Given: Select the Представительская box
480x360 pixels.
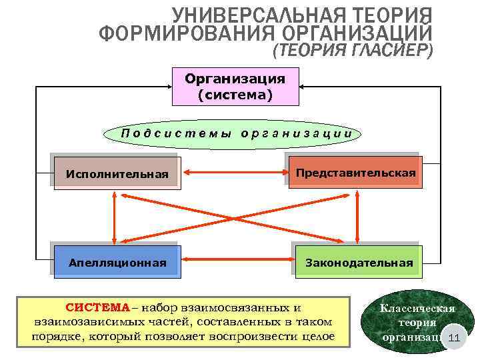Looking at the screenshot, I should coord(355,173).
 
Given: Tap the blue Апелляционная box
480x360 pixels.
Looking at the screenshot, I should coord(117,262).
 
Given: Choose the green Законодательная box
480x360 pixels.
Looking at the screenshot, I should coord(358,262).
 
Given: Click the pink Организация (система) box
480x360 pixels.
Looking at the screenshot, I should coord(235,87).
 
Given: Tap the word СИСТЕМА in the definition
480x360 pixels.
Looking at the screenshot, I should coord(97,307).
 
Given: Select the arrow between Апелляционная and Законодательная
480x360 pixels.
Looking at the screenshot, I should coord(238,262).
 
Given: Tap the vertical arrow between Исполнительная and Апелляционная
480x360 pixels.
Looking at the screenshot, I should coord(115,217).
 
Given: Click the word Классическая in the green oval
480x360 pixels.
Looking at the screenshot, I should coord(417,308).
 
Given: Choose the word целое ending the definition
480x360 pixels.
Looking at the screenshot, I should coord(317,337).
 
